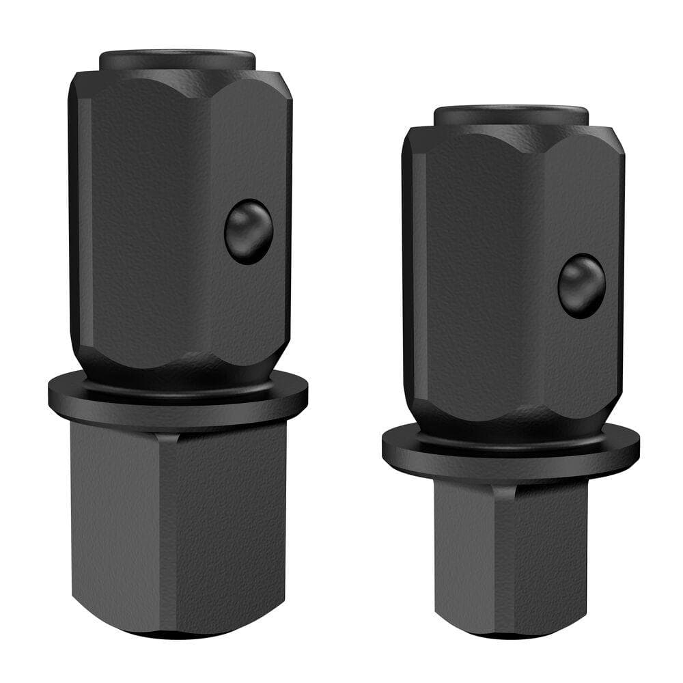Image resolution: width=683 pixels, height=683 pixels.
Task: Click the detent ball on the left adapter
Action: click(249, 232)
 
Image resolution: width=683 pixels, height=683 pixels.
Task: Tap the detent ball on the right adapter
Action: click(581, 286)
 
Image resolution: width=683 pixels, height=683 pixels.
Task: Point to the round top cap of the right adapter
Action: click(511, 114)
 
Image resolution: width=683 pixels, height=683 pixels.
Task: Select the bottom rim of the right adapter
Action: click(510, 633)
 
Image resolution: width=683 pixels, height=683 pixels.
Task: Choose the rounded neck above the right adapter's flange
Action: click(510, 428)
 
